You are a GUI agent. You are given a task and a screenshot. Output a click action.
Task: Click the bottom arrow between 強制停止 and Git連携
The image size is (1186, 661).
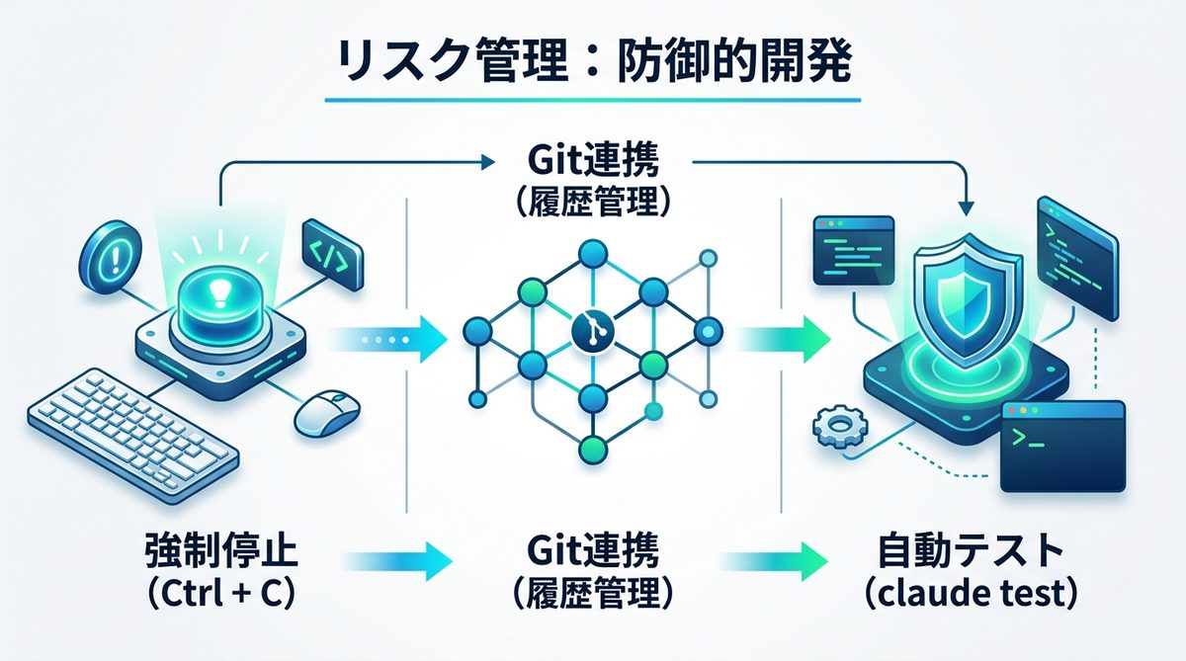pyautogui.click(x=395, y=561)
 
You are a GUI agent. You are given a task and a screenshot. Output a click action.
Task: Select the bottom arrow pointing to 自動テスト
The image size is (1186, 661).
pyautogui.click(x=776, y=561)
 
